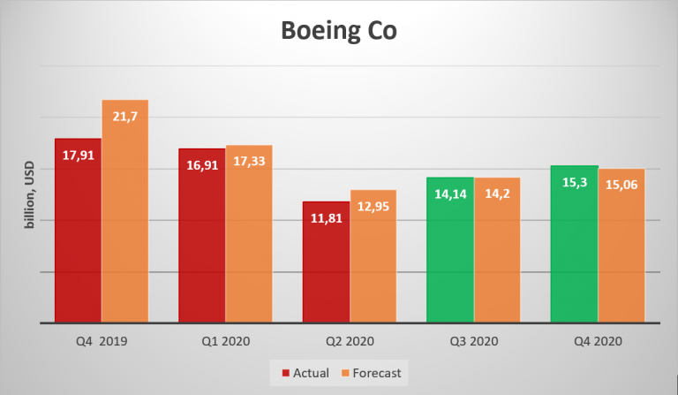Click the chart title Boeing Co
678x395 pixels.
pos(339,32)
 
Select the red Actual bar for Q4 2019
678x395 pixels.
pos(78,239)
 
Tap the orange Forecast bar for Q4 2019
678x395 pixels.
pos(124,221)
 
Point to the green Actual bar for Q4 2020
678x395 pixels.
pos(574,252)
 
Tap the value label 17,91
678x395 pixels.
pos(78,156)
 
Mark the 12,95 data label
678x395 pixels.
pos(373,207)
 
